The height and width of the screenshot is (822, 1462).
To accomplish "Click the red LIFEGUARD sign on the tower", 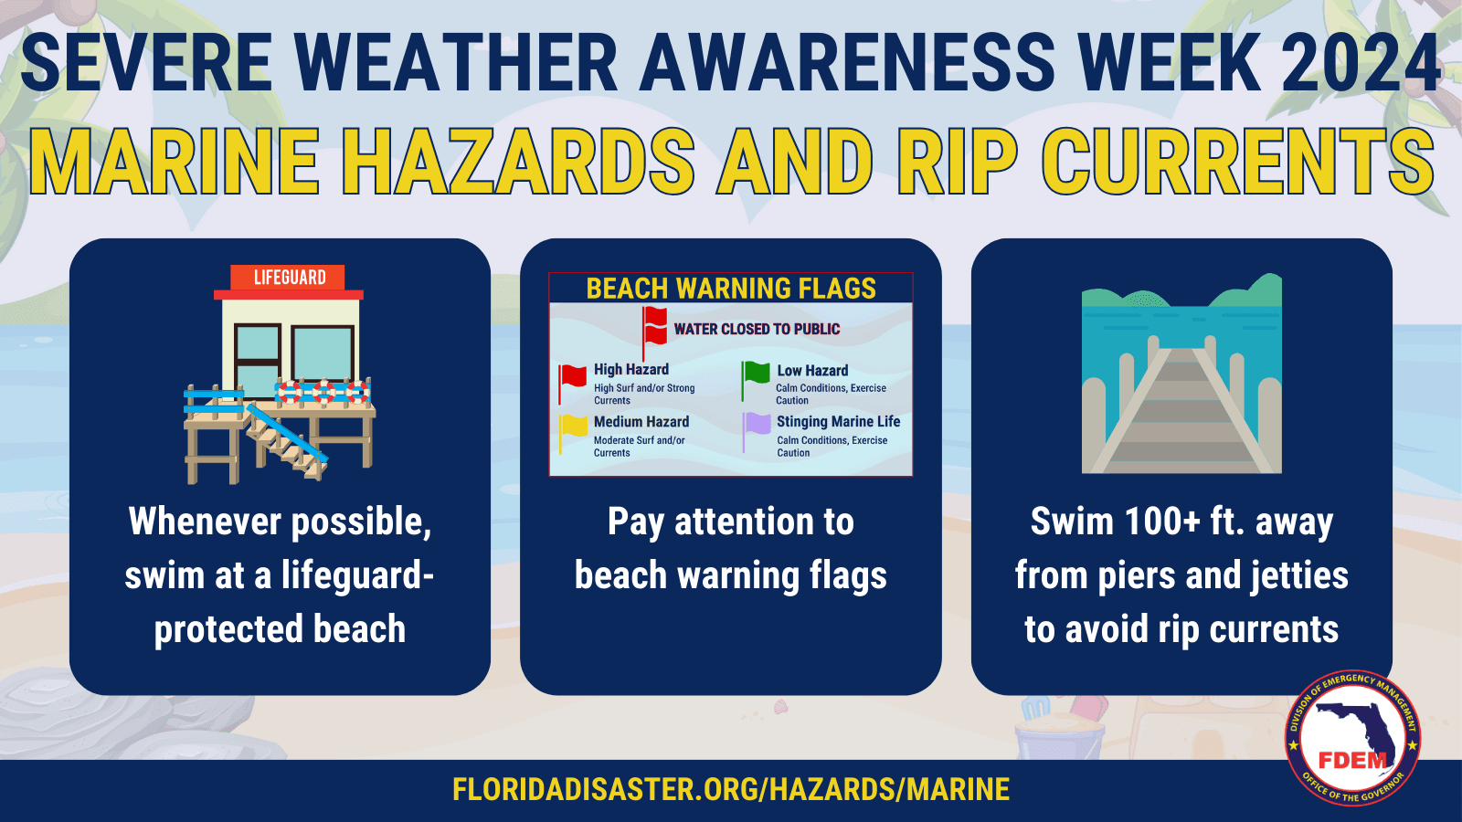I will point(289,278).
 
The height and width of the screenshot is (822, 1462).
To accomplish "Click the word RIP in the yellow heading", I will point(957,162).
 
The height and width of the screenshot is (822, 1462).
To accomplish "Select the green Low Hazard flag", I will point(757,374).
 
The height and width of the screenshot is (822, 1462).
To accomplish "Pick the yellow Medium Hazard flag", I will point(574,426).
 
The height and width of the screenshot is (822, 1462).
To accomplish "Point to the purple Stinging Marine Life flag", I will point(757,424).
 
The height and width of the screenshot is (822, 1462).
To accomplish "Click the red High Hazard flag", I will point(573,375).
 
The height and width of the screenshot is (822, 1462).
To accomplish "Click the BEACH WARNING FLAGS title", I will point(731,289).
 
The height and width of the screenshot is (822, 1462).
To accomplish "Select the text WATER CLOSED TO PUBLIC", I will point(757,329).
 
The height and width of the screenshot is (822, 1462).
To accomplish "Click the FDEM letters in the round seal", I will point(1352,760).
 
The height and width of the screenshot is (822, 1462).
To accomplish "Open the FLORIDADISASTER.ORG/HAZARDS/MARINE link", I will point(731,789).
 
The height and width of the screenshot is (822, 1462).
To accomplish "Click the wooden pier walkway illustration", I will point(1181,411).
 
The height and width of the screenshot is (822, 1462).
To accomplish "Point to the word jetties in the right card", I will point(1298,575).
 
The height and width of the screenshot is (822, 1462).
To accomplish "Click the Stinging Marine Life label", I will point(838,421).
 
